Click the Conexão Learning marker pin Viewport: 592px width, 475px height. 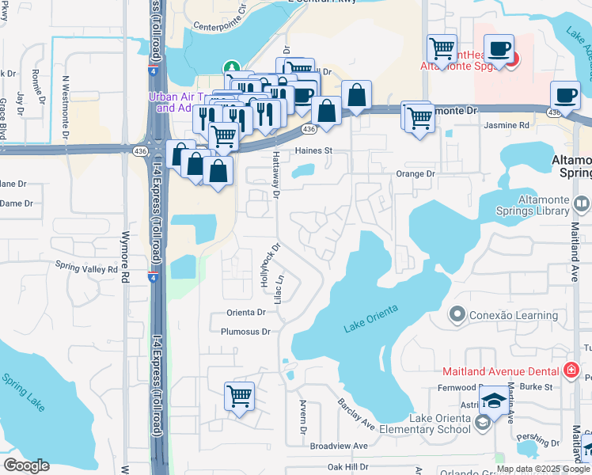pos(456,315)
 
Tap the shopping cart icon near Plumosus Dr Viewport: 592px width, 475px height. pos(239,397)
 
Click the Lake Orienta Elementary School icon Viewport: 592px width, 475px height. pos(481,424)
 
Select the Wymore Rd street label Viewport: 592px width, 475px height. pos(124,267)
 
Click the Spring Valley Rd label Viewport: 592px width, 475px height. pos(86,269)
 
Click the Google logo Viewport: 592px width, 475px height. pos(26,465)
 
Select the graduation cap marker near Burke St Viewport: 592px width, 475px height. pos(495,401)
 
